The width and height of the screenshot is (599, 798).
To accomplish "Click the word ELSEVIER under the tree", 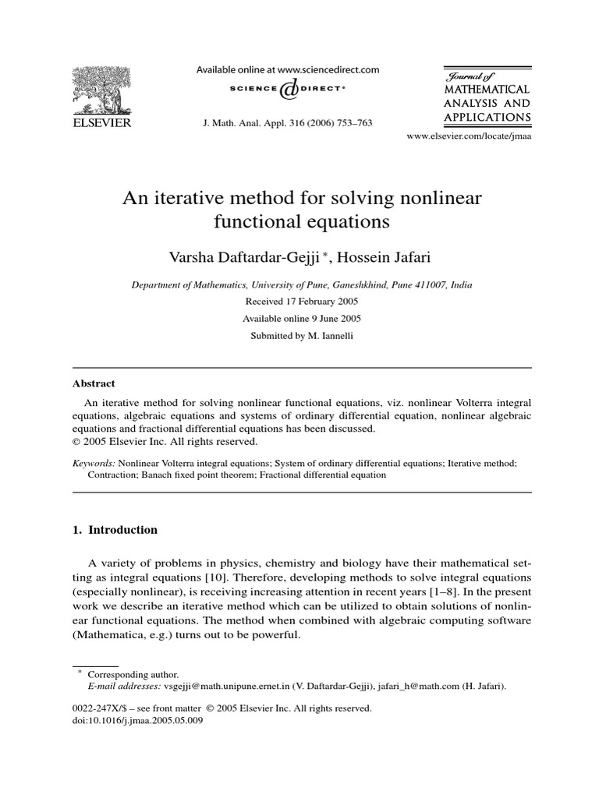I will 102,122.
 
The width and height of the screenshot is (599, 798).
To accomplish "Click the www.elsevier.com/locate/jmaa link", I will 469,136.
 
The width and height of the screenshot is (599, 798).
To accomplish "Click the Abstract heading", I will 94,383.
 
